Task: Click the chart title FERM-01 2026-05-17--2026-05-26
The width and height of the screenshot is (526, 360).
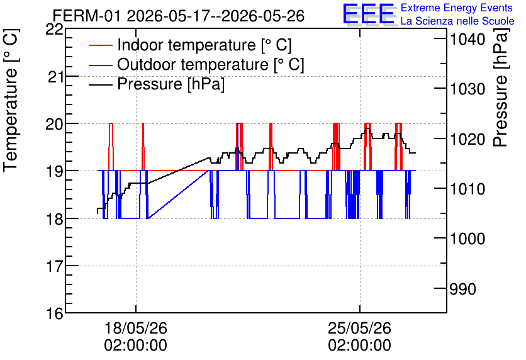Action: (x=179, y=16)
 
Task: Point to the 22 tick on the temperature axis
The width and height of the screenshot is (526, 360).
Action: (x=54, y=30)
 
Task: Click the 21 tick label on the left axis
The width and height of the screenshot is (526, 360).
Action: (x=56, y=77)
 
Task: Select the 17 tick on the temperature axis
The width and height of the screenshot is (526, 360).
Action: (x=54, y=266)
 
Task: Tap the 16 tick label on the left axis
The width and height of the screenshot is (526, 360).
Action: (x=54, y=313)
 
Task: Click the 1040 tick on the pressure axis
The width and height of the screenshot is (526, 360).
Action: (x=467, y=39)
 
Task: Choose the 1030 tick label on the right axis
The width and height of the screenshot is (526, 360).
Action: (x=467, y=89)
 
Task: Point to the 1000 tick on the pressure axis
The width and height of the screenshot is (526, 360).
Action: (x=467, y=239)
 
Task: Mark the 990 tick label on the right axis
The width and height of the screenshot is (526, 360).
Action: (x=462, y=289)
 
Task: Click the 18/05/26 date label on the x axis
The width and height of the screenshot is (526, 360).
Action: (x=136, y=328)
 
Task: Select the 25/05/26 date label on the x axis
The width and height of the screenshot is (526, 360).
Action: (x=360, y=328)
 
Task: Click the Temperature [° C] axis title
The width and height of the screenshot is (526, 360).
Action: (x=11, y=101)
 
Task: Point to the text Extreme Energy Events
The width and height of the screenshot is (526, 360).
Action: (x=457, y=8)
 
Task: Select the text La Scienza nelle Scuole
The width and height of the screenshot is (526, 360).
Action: (x=457, y=21)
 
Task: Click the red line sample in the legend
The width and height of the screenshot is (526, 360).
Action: (x=100, y=45)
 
